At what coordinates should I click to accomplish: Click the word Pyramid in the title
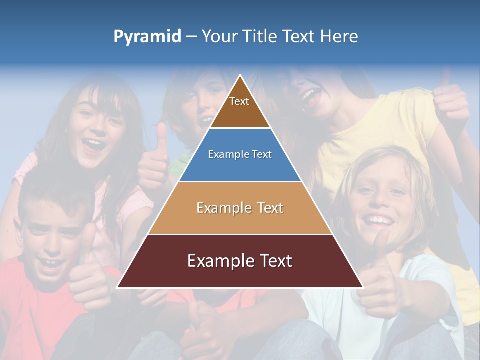pos(147,37)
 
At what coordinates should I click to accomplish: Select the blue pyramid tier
pos(240,155)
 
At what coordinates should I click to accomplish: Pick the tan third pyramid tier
pos(240,208)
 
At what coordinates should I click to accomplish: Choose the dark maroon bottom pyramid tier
pos(240,261)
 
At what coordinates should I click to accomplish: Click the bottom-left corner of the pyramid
pos(118,287)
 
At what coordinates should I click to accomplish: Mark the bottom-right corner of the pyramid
pos(363,287)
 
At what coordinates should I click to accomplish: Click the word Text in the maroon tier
pos(274,261)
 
